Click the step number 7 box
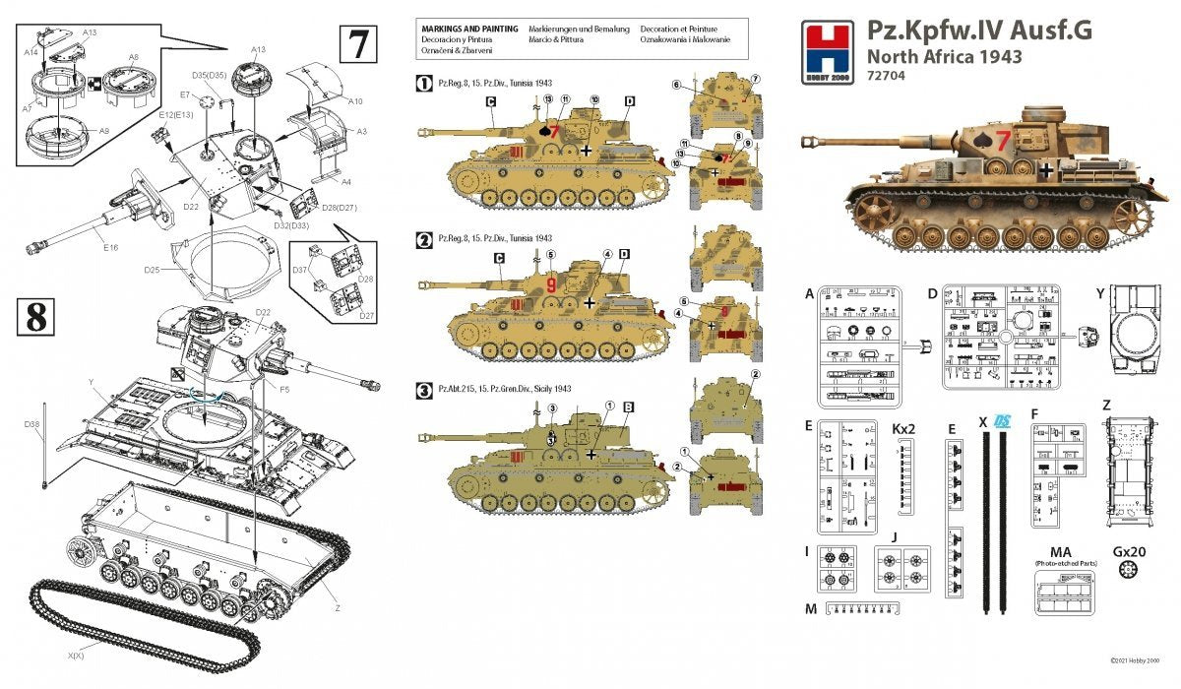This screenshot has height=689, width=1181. [358, 45]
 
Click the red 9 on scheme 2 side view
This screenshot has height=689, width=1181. [550, 287]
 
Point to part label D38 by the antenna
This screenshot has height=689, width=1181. [32, 424]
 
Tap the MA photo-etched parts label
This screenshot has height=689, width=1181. [1060, 554]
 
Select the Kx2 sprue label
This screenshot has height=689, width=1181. [904, 428]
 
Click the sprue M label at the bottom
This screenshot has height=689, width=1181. [811, 608]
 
